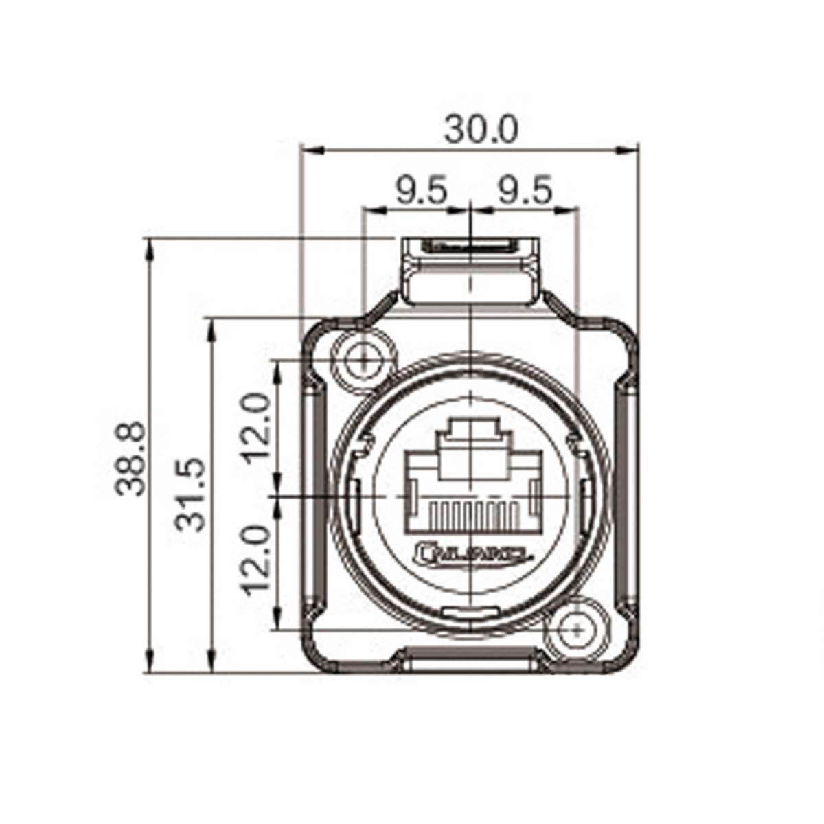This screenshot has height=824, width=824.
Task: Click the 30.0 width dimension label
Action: [x=480, y=128]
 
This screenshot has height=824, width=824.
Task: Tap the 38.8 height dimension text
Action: [x=130, y=459]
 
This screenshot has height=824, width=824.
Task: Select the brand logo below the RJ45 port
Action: [x=470, y=552]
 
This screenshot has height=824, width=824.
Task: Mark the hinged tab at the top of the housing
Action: [x=470, y=271]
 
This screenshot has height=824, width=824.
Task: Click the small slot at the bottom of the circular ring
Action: [x=470, y=613]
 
